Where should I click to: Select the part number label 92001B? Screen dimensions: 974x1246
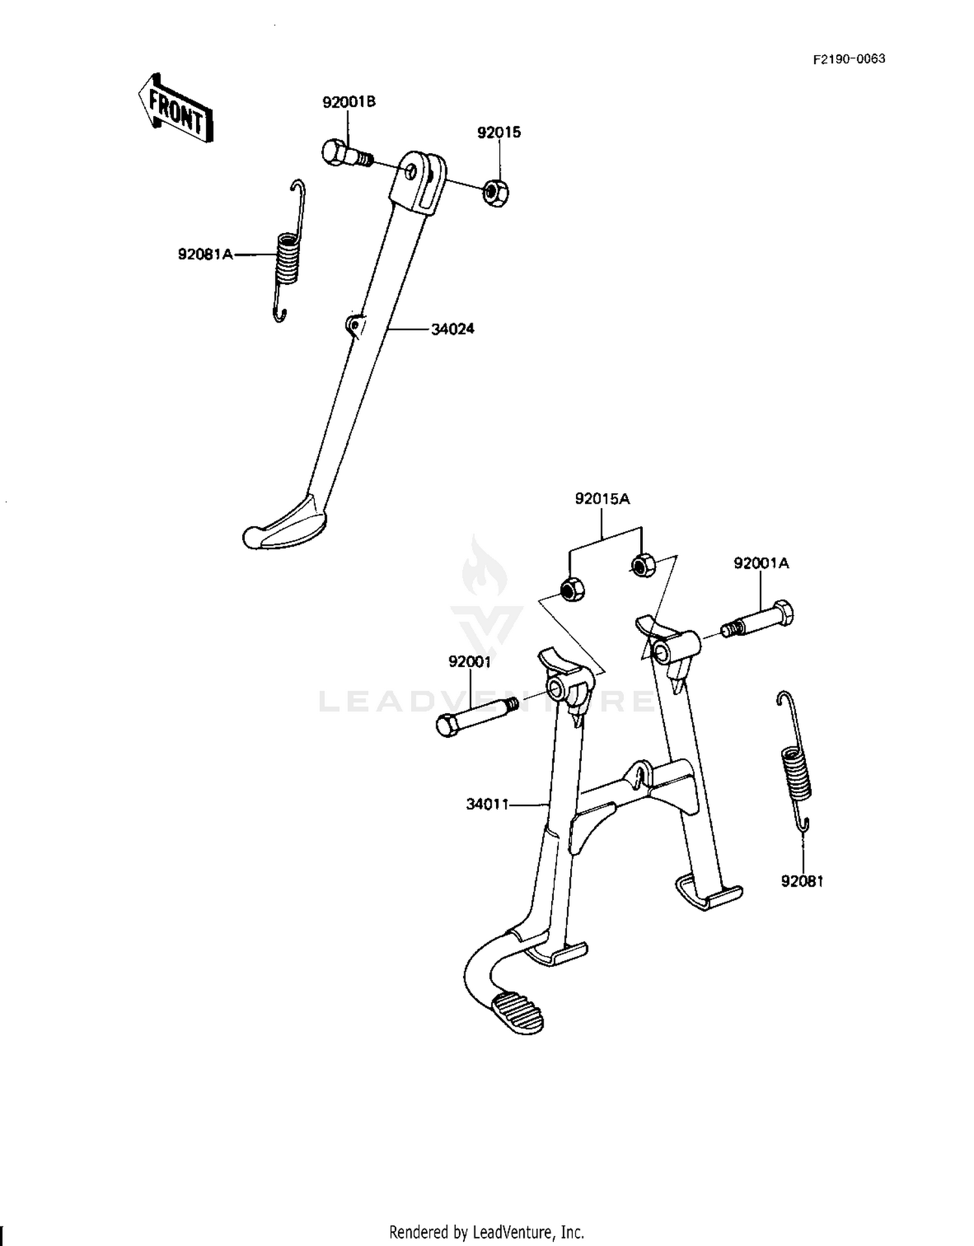coord(349,103)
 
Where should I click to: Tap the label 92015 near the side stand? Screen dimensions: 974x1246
coord(499,132)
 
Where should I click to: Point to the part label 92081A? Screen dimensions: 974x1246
coord(205,254)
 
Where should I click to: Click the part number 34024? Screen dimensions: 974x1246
coord(453,329)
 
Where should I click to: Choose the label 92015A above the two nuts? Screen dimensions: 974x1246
coord(602,499)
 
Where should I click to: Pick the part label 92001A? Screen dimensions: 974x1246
coord(761,563)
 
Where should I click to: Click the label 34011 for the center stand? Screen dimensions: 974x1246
coord(487,805)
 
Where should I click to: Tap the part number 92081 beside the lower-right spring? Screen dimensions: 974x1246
coord(802,881)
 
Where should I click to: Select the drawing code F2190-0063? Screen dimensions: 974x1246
coord(849,59)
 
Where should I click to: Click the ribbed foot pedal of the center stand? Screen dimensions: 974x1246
coord(516,1012)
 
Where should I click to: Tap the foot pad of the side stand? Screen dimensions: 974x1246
coord(284,523)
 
